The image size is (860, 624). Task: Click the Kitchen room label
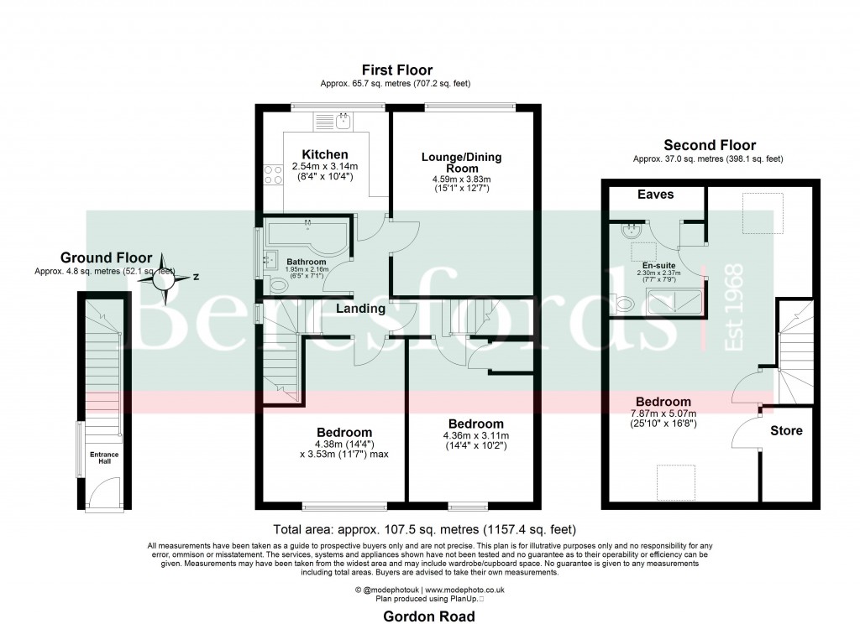[325, 155]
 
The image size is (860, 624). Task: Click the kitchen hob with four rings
[274, 174]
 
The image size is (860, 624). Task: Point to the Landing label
[361, 309]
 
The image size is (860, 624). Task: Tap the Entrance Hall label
[105, 458]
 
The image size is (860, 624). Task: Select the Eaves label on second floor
[655, 195]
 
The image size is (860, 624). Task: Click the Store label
[786, 431]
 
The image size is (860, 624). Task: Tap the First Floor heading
[397, 70]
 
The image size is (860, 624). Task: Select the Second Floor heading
[710, 145]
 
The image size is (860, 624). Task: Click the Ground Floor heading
[106, 257]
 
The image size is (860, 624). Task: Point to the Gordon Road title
[429, 616]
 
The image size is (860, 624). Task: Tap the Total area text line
[424, 529]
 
